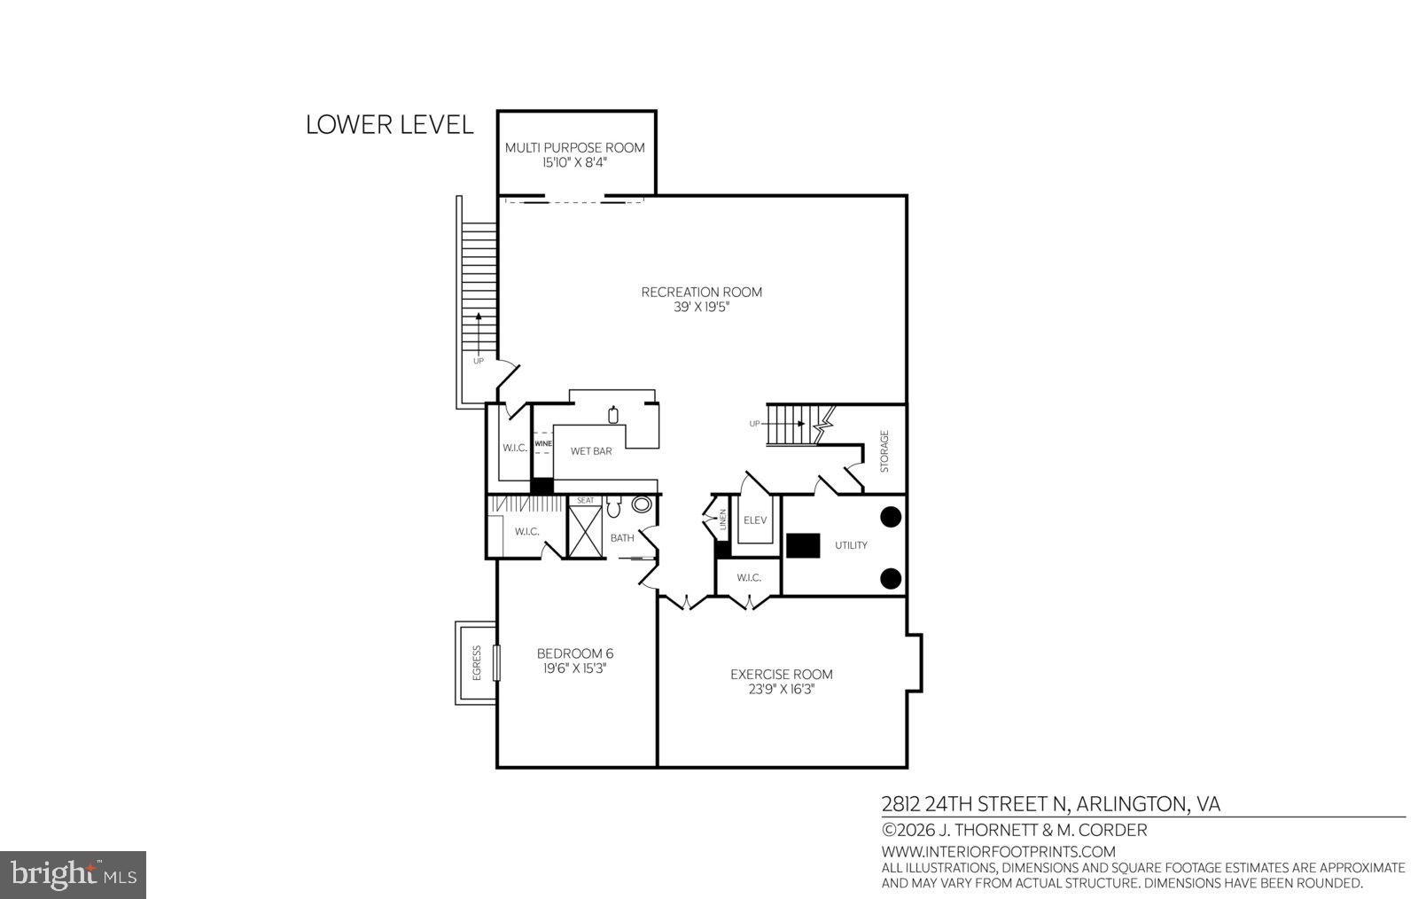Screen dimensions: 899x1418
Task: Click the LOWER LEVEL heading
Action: point(389,125)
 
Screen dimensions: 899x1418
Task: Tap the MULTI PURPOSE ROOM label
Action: point(574,147)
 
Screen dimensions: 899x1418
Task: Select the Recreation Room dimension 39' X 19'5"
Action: point(701,308)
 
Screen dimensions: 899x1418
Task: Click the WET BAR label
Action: point(590,451)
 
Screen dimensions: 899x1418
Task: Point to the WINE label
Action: point(542,443)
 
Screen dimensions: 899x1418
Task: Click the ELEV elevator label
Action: point(755,520)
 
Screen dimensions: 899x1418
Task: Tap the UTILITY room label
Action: point(851,545)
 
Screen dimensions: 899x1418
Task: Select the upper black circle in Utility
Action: point(891,516)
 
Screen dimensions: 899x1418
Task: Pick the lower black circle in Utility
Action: point(891,579)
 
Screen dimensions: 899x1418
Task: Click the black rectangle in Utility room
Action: point(803,545)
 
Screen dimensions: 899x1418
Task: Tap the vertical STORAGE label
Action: point(884,450)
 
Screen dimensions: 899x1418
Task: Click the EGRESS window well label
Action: point(477,662)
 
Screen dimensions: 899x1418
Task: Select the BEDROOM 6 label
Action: point(574,653)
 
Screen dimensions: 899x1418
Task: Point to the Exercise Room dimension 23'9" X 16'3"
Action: point(781,689)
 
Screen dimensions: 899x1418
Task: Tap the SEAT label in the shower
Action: point(585,500)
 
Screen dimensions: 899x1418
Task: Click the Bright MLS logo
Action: point(73,875)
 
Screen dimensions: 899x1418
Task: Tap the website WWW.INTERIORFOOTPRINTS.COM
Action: point(998,852)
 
